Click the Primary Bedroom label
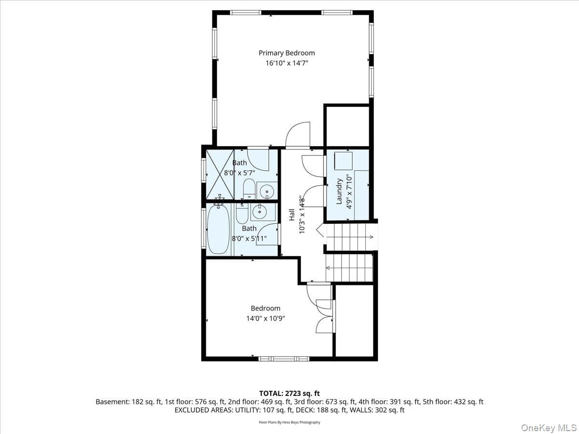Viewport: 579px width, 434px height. click(287, 53)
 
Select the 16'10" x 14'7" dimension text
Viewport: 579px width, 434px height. click(287, 63)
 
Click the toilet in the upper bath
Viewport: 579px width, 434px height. click(249, 189)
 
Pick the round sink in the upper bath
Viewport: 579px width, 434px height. click(267, 190)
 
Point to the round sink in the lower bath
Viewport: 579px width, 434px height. click(260, 211)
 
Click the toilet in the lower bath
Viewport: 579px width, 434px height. click(242, 214)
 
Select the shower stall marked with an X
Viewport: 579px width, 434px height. click(220, 174)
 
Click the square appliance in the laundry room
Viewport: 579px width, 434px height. click(344, 161)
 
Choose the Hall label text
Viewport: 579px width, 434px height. click(292, 215)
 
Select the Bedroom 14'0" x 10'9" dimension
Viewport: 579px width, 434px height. click(266, 319)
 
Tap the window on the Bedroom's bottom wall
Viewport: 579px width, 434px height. click(284, 359)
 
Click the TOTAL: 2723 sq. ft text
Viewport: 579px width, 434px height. click(289, 393)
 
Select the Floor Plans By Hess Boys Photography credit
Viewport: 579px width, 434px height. click(289, 422)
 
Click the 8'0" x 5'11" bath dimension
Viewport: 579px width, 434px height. click(249, 239)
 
